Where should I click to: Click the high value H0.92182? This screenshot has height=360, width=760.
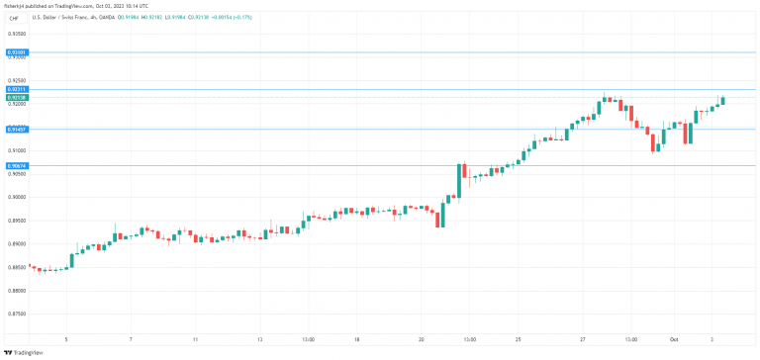click(149, 17)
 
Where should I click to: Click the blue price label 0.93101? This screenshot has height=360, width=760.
click(16, 51)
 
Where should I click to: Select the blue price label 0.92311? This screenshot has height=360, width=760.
click(16, 89)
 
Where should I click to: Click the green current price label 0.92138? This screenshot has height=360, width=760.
click(16, 97)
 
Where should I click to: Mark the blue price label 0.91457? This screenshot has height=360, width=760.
click(16, 129)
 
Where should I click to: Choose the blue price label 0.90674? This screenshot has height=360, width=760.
click(16, 165)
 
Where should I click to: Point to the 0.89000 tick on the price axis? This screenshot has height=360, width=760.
click(16, 243)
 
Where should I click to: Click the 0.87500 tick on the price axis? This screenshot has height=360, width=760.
click(16, 314)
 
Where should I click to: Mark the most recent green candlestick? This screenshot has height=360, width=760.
click(723, 99)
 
